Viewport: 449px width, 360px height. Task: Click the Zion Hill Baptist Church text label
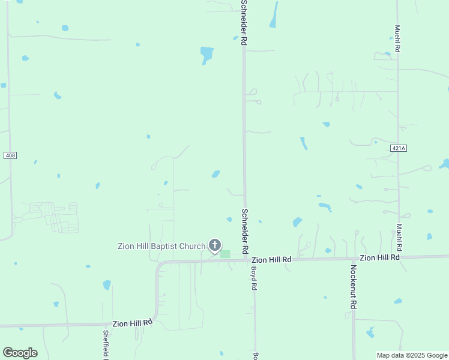tap(161, 246)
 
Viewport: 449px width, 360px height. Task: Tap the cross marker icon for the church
tap(215, 245)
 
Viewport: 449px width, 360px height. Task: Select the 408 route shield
tap(10, 155)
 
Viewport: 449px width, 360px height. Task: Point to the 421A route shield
tap(398, 148)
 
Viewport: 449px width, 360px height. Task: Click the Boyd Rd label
tap(253, 278)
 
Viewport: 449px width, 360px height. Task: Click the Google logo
tap(20, 353)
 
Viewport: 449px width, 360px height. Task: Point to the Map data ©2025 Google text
tap(412, 355)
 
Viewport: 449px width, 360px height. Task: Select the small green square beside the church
tap(225, 254)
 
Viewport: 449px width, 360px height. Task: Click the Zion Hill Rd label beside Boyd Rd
tap(271, 260)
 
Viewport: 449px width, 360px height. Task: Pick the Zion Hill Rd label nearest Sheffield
tap(133, 323)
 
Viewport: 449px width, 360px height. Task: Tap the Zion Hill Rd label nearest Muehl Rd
tap(379, 257)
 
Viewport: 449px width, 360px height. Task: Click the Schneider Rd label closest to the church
tap(244, 230)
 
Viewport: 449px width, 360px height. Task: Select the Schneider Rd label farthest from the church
tap(244, 23)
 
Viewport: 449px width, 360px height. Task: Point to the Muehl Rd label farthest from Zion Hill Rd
tap(397, 39)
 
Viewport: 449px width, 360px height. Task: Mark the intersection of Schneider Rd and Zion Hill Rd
tap(245, 260)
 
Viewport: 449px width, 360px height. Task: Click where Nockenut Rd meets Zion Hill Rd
tap(354, 259)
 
